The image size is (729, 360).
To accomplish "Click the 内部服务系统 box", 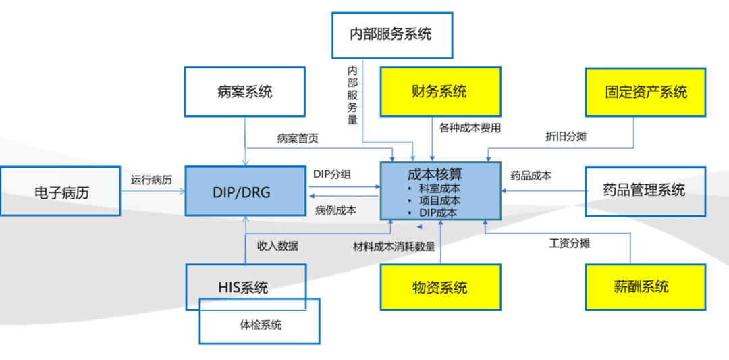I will pyautogui.click(x=391, y=34).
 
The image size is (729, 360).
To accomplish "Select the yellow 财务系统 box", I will pyautogui.click(x=439, y=91).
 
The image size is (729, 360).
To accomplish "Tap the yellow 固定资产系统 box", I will pyautogui.click(x=645, y=92).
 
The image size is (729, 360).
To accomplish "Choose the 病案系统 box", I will pyautogui.click(x=244, y=92).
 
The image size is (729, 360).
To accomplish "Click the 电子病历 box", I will pyautogui.click(x=61, y=192).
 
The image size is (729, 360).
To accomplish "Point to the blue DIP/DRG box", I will pyautogui.click(x=245, y=192).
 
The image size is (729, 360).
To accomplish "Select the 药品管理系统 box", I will pyautogui.click(x=645, y=190).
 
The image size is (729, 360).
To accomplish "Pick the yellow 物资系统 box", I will pyautogui.click(x=440, y=288).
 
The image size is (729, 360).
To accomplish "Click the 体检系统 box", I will pyautogui.click(x=260, y=326).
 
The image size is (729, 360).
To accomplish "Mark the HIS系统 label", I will pyautogui.click(x=243, y=287).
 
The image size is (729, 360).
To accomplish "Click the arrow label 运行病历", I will pyautogui.click(x=151, y=180).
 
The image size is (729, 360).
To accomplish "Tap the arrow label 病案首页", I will pyautogui.click(x=298, y=138).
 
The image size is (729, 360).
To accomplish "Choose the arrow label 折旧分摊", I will pyautogui.click(x=566, y=136).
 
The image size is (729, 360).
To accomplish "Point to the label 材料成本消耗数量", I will pyautogui.click(x=394, y=247).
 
